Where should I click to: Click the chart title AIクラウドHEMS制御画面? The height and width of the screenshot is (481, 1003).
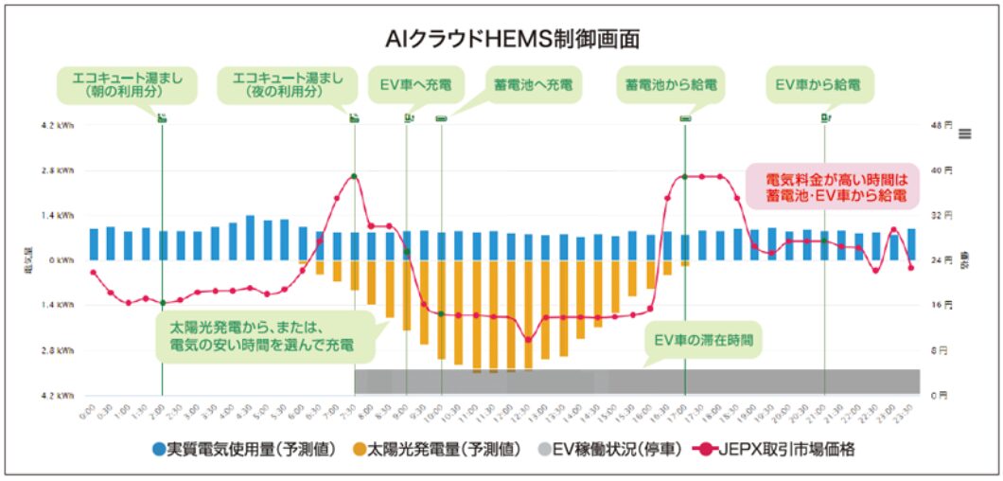point(501,38)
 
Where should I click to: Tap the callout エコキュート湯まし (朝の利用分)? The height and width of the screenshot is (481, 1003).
point(126,84)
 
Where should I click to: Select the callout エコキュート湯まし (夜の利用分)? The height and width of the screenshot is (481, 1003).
point(285,84)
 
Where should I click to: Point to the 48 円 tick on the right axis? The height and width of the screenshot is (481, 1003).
point(941,125)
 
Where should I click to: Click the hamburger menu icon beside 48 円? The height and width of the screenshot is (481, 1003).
point(965,134)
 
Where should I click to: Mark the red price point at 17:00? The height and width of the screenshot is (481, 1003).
point(684,177)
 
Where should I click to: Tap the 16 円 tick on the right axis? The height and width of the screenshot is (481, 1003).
point(941,305)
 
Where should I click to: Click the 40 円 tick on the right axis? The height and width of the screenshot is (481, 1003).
point(941,170)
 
